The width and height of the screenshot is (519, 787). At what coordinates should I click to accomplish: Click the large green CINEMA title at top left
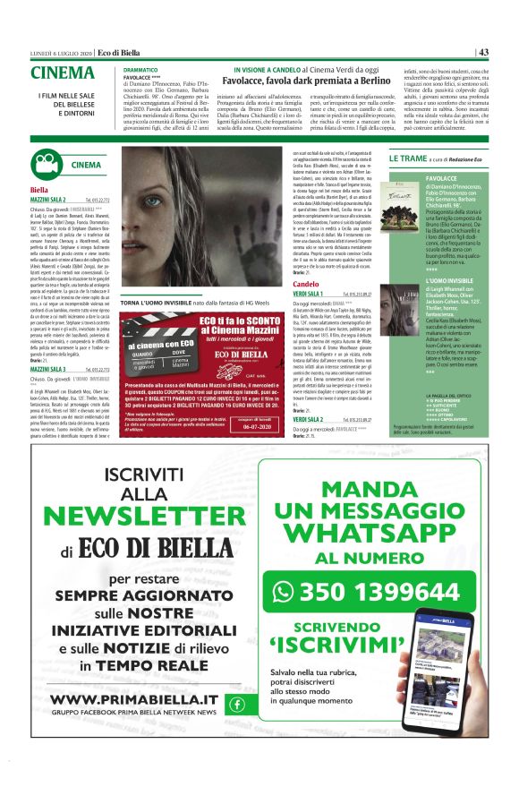(x=62, y=73)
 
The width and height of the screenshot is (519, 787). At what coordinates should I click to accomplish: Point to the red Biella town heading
(x=38, y=191)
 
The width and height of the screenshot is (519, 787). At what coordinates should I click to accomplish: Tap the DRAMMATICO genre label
(x=140, y=69)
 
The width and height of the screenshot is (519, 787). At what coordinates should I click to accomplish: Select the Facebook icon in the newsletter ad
(x=236, y=703)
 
